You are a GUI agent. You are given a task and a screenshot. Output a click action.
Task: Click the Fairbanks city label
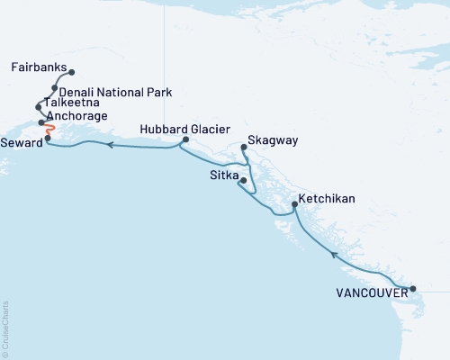[39, 67]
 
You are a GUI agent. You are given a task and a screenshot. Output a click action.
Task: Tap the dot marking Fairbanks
[71, 73]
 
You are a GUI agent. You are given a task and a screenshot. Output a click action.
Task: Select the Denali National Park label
[116, 92]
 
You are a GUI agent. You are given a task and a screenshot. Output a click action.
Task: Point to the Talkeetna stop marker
[39, 106]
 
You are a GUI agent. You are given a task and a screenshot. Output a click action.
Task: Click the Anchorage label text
[77, 116]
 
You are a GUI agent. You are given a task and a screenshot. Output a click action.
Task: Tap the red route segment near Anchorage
[50, 130]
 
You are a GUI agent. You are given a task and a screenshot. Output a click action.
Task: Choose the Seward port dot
[47, 138]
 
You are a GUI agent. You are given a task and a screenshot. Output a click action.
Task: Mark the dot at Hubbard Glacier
[184, 139]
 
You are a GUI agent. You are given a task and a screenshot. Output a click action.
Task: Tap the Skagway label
[271, 141]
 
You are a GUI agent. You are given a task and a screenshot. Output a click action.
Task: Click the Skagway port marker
[244, 147]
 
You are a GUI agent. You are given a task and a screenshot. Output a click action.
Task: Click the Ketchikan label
[328, 197]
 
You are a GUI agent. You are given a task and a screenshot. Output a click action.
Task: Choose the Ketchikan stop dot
[294, 206]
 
